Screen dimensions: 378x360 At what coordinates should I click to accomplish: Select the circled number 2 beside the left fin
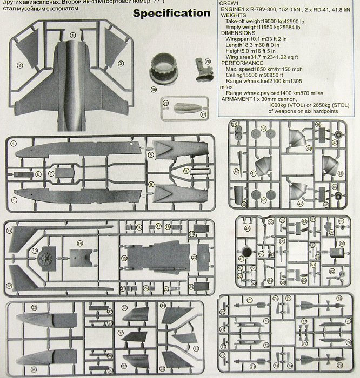(19, 65)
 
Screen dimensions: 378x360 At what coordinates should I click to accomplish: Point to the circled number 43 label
(309, 147)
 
